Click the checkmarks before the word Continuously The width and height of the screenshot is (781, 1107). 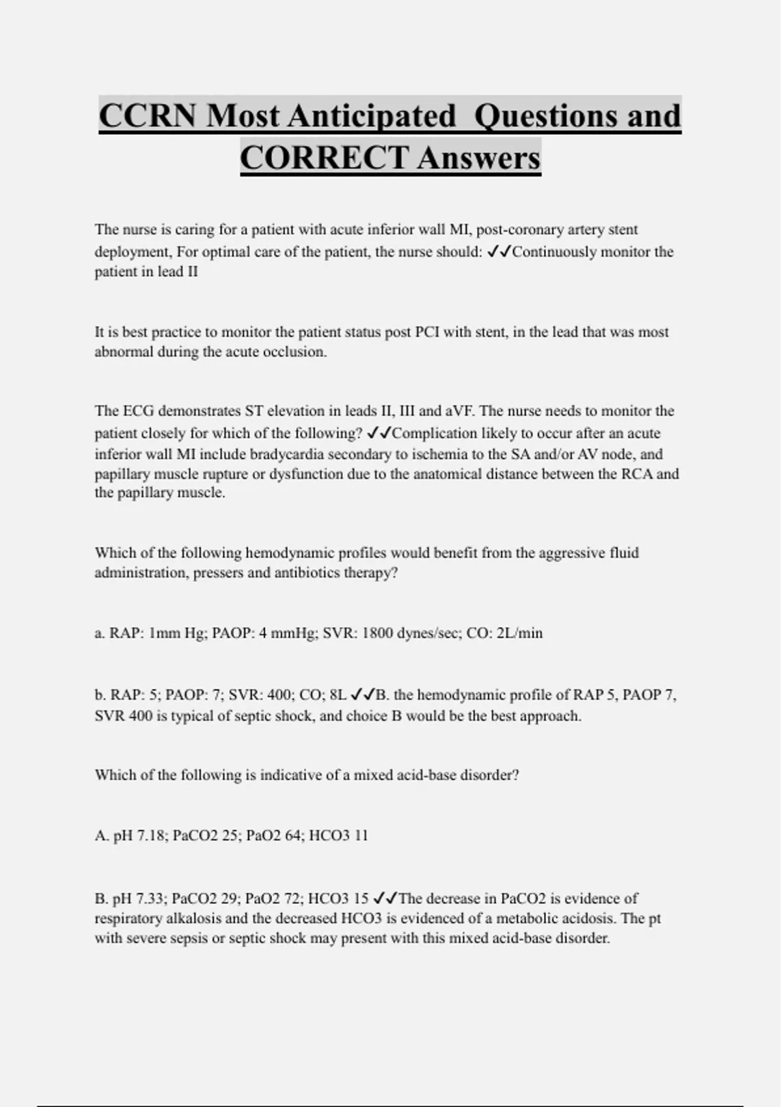pos(499,251)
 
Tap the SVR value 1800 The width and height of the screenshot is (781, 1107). pos(379,633)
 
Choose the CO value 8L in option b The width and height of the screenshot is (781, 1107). pos(337,695)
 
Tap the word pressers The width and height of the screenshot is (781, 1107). pos(218,573)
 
